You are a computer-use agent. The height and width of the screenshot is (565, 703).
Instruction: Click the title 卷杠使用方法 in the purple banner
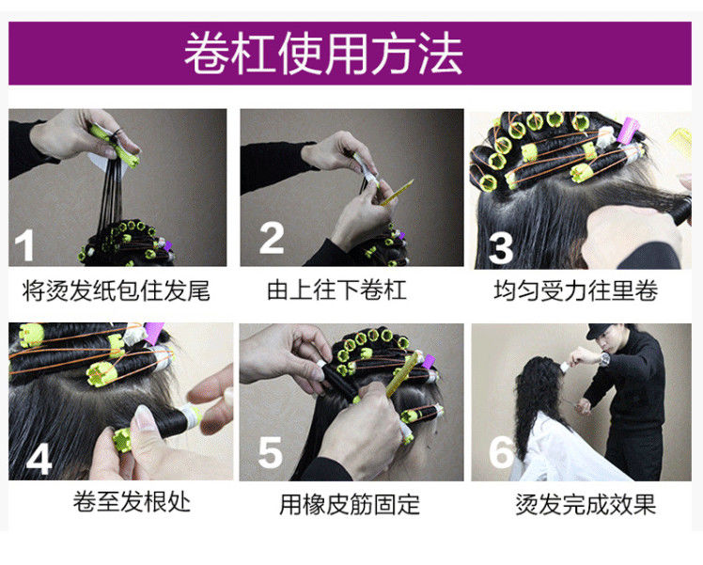tap(323, 54)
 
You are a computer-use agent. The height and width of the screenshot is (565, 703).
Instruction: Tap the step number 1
tap(24, 244)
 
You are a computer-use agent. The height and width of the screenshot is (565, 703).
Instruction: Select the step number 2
tap(272, 238)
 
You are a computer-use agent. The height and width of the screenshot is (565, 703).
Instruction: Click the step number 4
tap(39, 458)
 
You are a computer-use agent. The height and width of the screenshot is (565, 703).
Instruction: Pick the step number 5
tap(271, 452)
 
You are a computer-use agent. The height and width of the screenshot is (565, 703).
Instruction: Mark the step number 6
tap(501, 451)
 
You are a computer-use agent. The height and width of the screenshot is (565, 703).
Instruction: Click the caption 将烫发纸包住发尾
tap(117, 290)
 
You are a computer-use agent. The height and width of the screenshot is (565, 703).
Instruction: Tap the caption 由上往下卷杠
tap(336, 290)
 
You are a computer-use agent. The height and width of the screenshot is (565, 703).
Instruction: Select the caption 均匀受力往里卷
tap(576, 290)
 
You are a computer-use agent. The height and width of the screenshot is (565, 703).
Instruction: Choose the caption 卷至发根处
tap(132, 501)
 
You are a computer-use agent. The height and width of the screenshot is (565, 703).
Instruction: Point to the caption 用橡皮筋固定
tap(350, 505)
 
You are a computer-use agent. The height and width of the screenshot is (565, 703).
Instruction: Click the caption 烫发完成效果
tap(586, 505)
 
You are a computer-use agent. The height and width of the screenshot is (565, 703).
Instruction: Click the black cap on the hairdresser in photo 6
tap(601, 331)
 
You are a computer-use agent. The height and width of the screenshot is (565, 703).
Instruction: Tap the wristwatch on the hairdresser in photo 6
tap(605, 359)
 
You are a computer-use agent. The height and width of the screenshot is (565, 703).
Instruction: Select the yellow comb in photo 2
tap(398, 193)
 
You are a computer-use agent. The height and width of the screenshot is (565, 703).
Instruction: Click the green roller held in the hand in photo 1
tap(115, 146)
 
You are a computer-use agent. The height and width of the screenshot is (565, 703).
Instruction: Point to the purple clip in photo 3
tap(628, 129)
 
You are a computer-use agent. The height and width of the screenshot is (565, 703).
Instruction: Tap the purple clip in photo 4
tap(154, 333)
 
